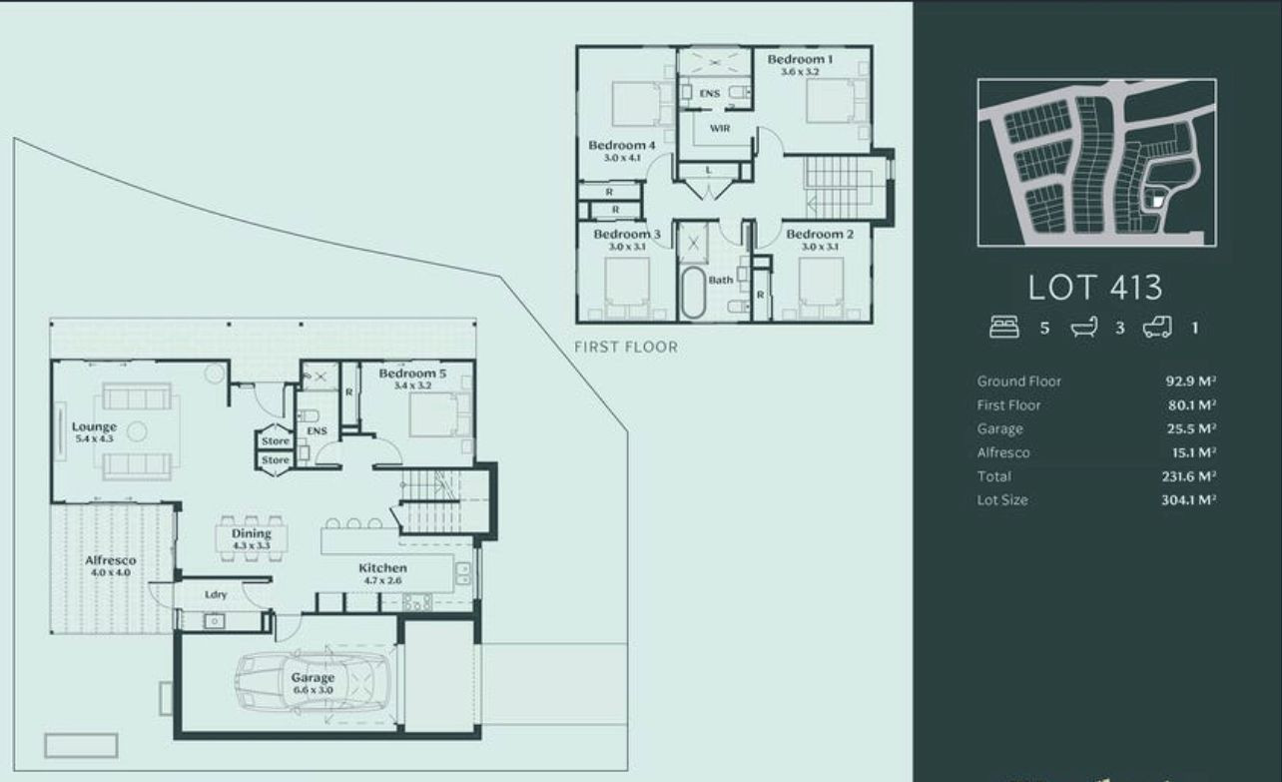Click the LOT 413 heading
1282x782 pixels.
pyautogui.click(x=1095, y=288)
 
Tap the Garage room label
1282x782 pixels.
pyautogui.click(x=313, y=677)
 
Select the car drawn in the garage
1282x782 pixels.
pyautogui.click(x=313, y=683)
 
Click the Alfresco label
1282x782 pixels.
pyautogui.click(x=111, y=560)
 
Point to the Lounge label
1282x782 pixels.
pyautogui.click(x=94, y=427)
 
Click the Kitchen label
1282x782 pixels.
pyautogui.click(x=382, y=568)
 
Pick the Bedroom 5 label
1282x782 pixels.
pyautogui.click(x=412, y=374)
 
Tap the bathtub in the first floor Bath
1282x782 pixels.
pyautogui.click(x=693, y=293)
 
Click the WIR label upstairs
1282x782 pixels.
pyautogui.click(x=720, y=128)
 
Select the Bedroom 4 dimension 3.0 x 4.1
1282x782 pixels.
pyautogui.click(x=622, y=158)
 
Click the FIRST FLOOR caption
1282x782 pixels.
pyautogui.click(x=626, y=347)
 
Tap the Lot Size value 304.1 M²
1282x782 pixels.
pyautogui.click(x=1189, y=499)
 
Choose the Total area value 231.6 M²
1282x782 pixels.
pyautogui.click(x=1189, y=476)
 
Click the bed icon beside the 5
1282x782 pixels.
pyautogui.click(x=1004, y=328)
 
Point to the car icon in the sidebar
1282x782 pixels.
pyautogui.click(x=1157, y=328)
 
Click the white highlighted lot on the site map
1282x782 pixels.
pyautogui.click(x=1157, y=201)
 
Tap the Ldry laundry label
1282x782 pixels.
pyautogui.click(x=216, y=595)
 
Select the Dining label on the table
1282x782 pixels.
pyautogui.click(x=252, y=533)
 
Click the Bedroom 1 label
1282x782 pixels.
pyautogui.click(x=800, y=59)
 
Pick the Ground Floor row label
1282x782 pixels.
pyautogui.click(x=1018, y=382)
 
